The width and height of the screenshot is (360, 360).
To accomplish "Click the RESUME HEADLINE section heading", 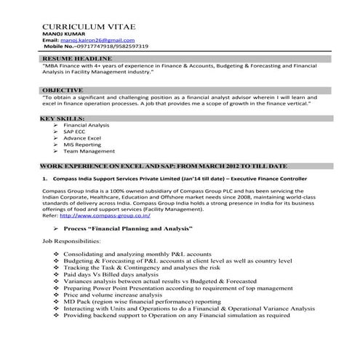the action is (x=76, y=57).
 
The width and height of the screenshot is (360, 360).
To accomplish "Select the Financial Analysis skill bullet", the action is (x=87, y=126).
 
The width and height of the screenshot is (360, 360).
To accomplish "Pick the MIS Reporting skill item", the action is (x=82, y=144).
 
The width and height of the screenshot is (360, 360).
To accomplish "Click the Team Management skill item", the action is (x=89, y=151).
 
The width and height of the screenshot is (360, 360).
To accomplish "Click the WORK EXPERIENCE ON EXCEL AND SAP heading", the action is (x=164, y=167).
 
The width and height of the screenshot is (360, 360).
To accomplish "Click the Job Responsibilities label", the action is (x=71, y=240).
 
